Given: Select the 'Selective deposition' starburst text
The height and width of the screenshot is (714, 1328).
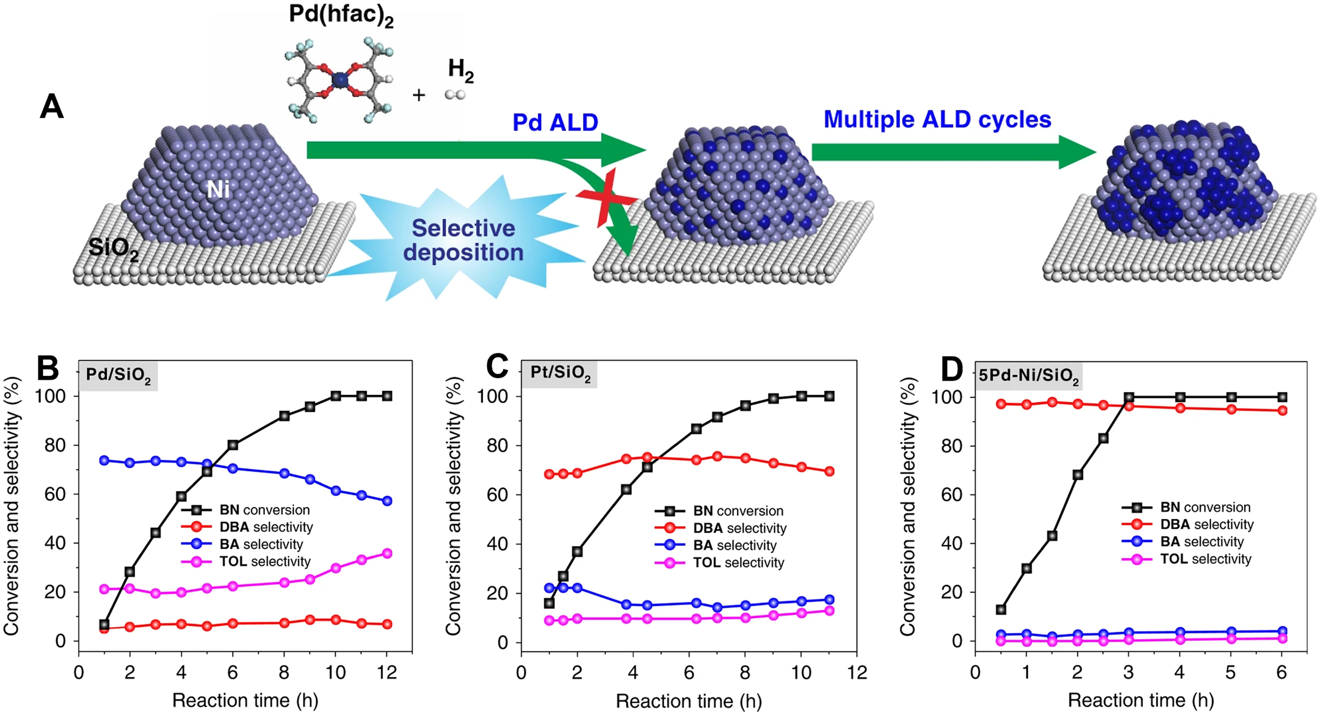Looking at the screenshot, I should pos(463,241).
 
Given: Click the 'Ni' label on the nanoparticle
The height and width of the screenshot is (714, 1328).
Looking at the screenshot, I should pos(218,190).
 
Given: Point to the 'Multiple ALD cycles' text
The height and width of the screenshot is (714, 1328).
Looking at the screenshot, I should pos(937,120).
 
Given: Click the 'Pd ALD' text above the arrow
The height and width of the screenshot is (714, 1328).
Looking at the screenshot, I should pos(555,123).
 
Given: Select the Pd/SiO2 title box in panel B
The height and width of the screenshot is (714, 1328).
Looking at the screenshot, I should pos(118,375).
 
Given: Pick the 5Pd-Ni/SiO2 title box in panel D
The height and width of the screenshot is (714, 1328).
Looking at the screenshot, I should pos(1029,376).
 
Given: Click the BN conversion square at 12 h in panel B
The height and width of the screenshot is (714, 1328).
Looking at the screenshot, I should pos(387,396).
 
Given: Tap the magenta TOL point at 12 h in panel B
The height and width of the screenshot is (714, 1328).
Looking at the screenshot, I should pos(387,553).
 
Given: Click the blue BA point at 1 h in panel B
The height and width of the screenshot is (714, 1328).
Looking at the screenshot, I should pos(104,460).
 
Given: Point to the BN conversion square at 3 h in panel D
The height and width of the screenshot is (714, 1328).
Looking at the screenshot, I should pos(1129,397).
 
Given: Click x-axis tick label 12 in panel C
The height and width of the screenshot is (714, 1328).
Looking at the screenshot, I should pos(856,673).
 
